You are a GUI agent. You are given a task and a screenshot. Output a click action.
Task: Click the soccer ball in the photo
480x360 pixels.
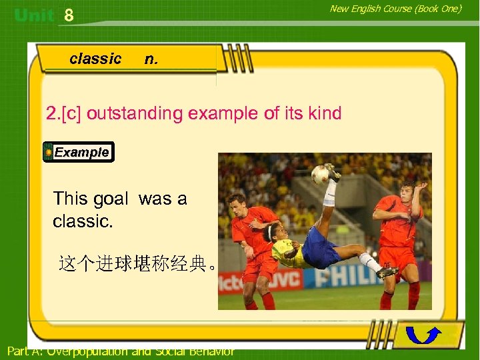tap(321, 175)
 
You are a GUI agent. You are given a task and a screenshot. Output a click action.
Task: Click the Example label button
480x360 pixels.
tap(79, 152)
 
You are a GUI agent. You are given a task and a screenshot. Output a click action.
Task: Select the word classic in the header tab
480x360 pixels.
tap(95, 59)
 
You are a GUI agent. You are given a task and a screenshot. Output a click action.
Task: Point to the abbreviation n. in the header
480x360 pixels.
tap(151, 59)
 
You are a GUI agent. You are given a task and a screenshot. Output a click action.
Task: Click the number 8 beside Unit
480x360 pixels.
tap(69, 15)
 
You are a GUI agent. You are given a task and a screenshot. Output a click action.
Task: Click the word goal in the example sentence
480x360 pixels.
tap(110, 198)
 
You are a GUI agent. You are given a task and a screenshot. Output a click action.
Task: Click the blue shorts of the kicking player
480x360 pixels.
tap(320, 248)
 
